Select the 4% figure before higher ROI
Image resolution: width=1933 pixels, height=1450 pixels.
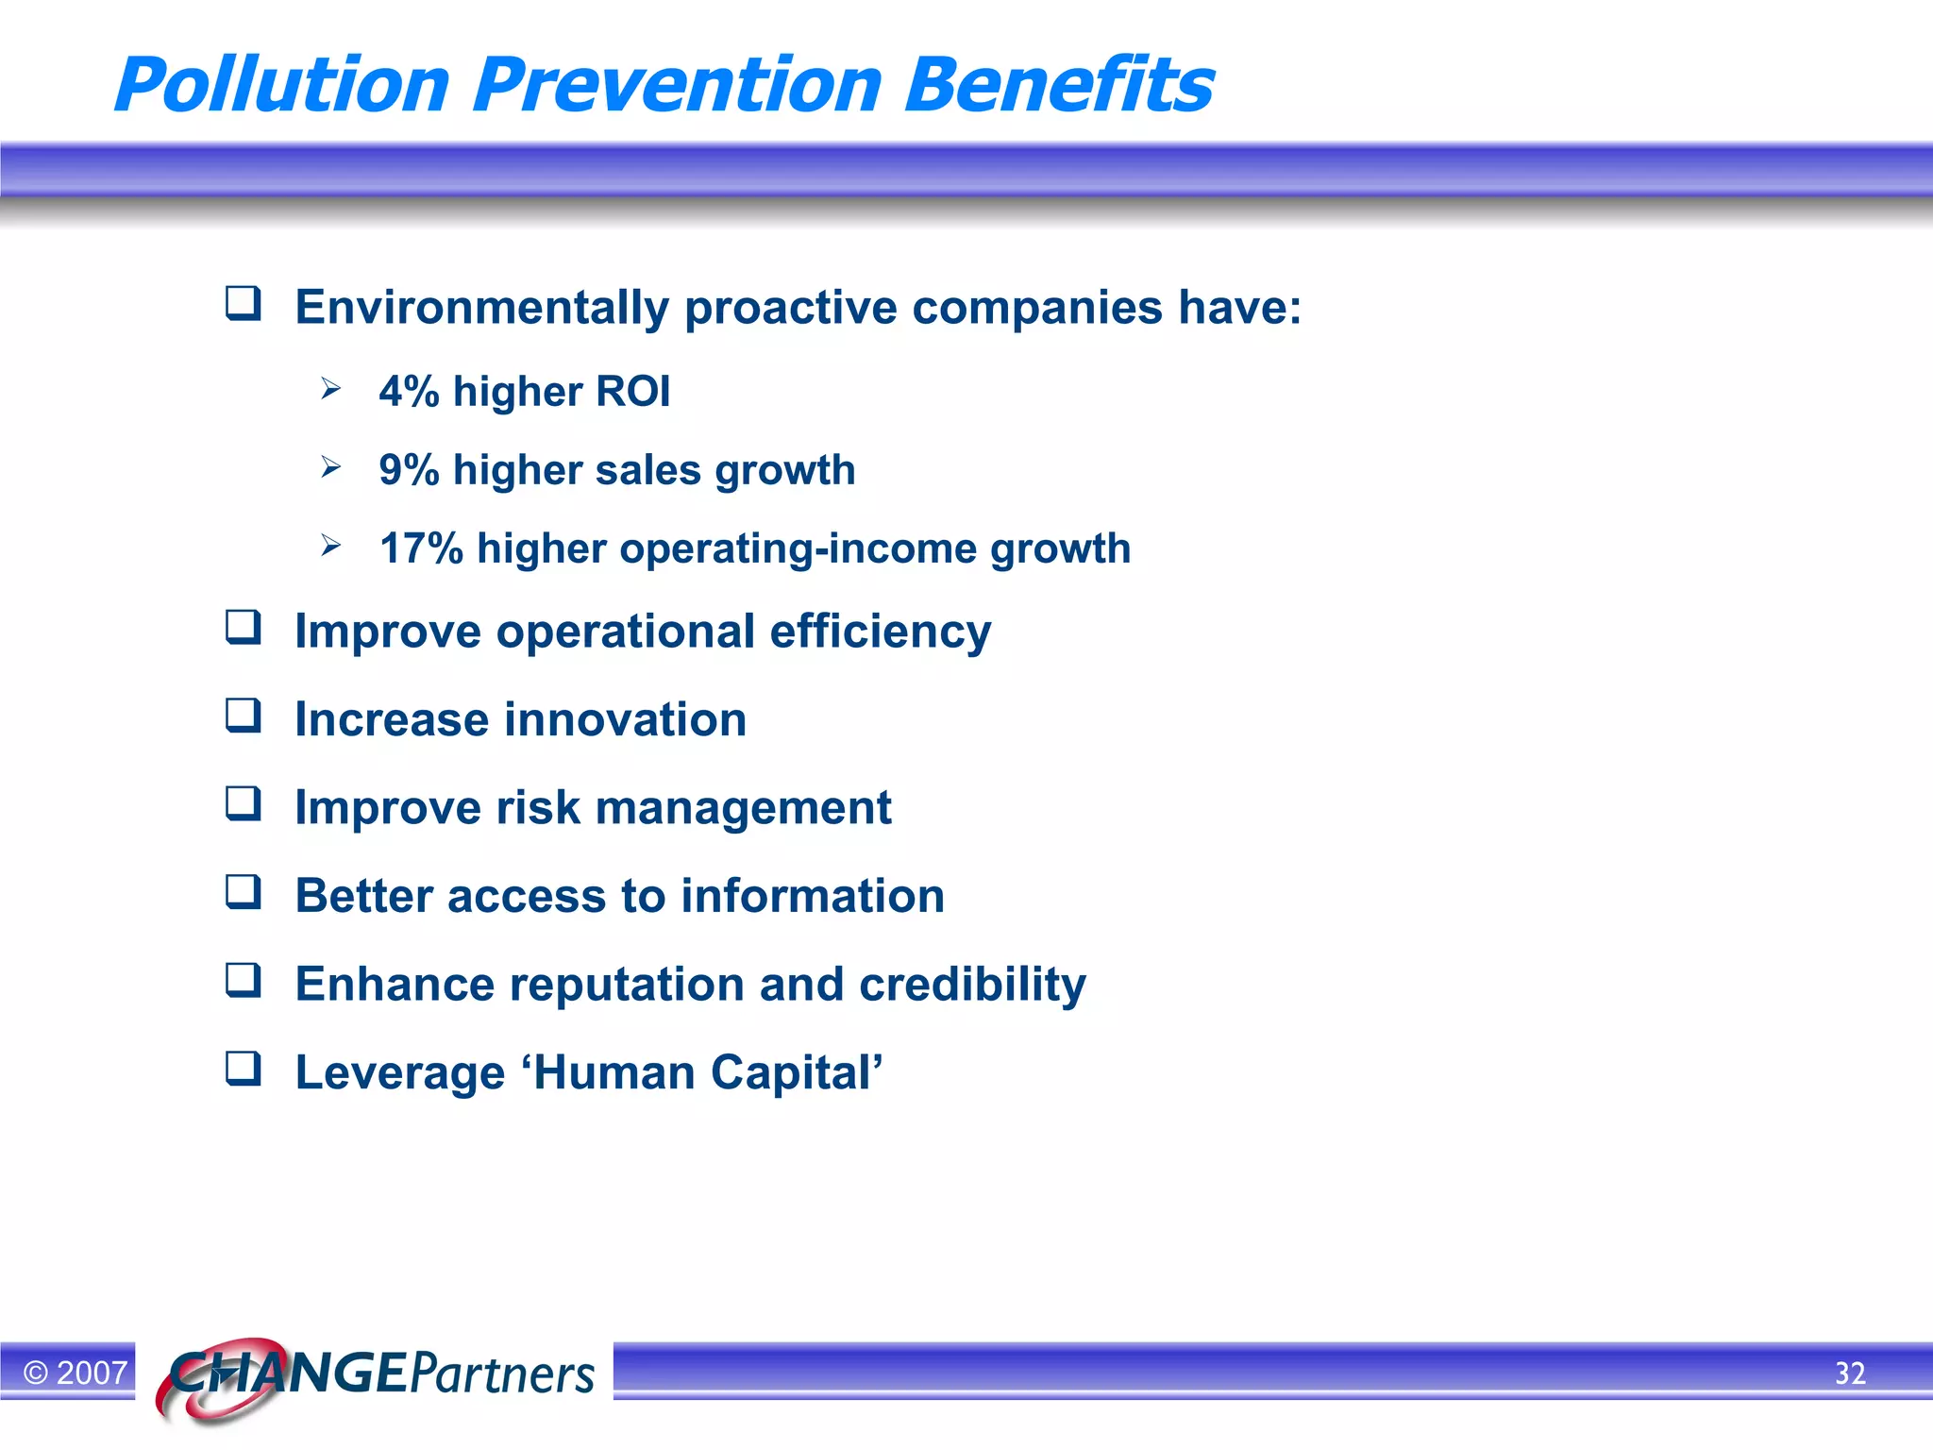(409, 392)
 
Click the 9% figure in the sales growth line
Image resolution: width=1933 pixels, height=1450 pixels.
(409, 470)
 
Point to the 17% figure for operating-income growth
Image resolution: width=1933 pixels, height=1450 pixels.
(421, 548)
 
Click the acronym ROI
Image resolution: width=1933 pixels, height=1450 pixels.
(632, 392)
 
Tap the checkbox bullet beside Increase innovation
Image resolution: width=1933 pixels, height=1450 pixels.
(243, 716)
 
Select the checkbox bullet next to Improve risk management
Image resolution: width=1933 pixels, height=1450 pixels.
(243, 803)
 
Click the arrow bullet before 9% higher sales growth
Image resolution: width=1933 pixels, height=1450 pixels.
(330, 466)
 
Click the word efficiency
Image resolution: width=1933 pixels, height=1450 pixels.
(880, 632)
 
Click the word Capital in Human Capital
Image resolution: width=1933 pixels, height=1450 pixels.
(796, 1072)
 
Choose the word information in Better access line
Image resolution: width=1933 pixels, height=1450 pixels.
(812, 896)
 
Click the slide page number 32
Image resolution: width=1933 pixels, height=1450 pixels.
(1850, 1373)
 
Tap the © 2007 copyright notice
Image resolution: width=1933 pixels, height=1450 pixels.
(75, 1373)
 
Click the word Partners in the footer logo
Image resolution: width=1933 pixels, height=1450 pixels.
(502, 1374)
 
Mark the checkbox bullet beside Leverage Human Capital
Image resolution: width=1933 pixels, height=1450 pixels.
(243, 1069)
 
